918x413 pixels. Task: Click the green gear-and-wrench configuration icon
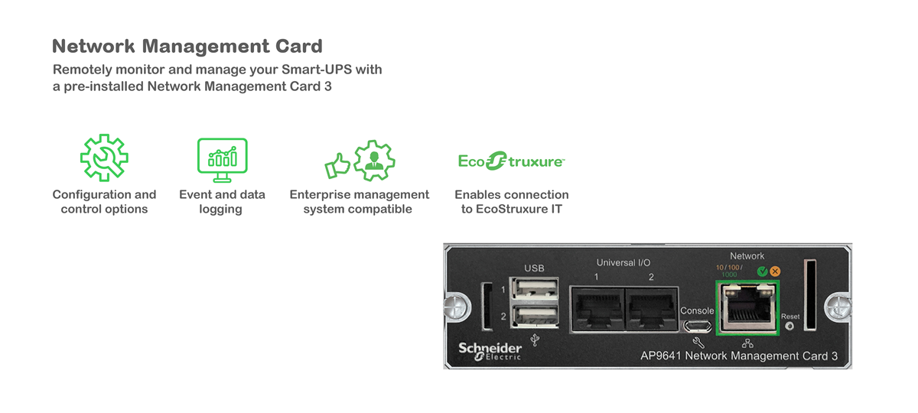click(104, 158)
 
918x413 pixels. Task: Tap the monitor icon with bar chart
click(222, 159)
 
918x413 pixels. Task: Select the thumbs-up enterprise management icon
click(360, 161)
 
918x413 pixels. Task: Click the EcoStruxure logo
click(511, 161)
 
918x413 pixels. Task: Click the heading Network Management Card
click(187, 47)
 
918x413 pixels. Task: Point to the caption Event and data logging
click(222, 202)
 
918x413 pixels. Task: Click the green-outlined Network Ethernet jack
click(747, 307)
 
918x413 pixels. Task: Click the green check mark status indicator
click(761, 272)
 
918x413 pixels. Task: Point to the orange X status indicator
click(775, 272)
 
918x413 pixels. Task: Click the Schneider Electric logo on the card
click(490, 350)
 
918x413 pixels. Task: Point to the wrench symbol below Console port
click(697, 342)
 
